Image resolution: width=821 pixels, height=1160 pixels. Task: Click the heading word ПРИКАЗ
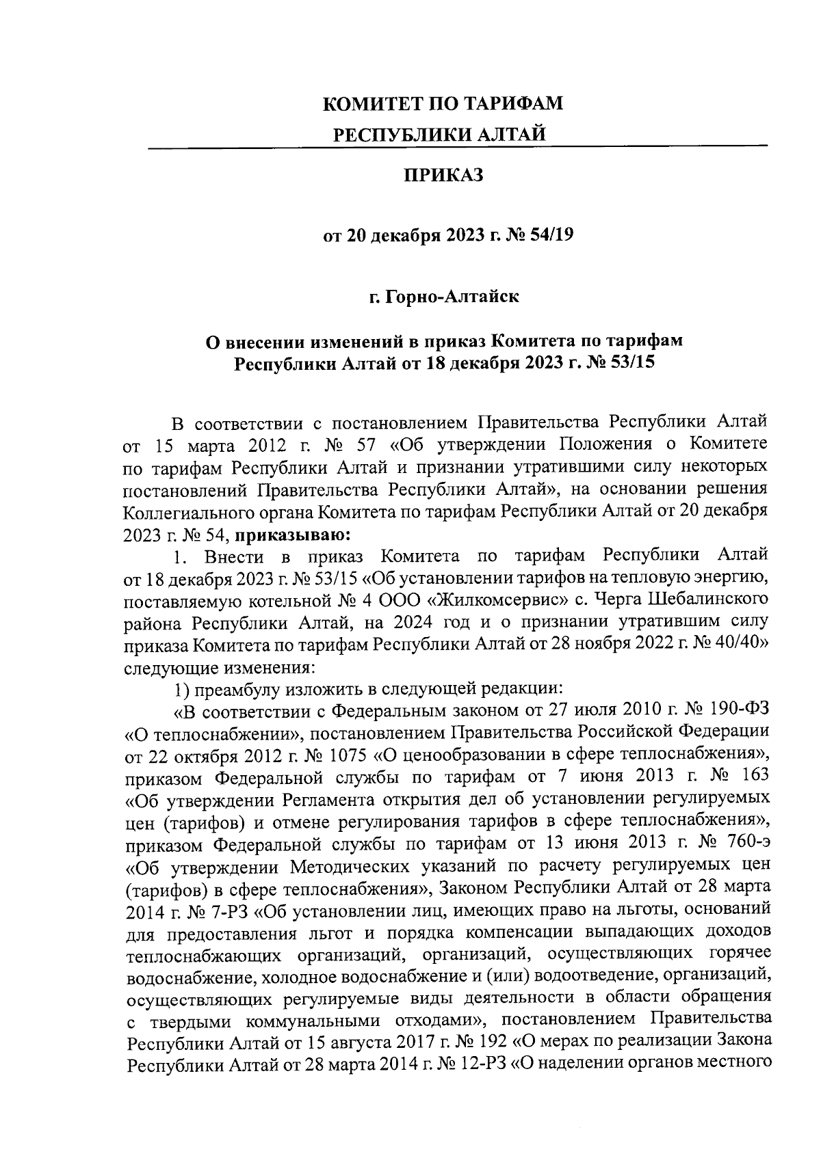(443, 176)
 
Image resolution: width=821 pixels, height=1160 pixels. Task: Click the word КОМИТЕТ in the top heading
(367, 104)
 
